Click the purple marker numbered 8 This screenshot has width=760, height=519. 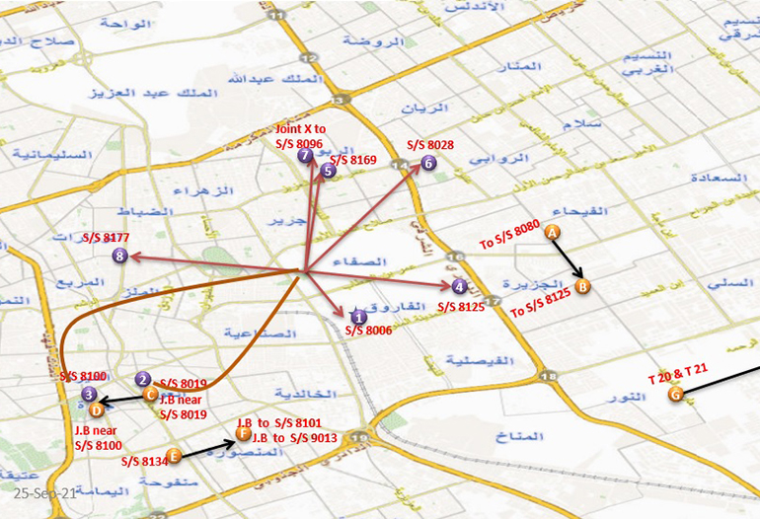pyautogui.click(x=120, y=257)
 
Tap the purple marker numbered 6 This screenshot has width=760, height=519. pyautogui.click(x=427, y=163)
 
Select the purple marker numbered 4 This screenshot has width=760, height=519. pyautogui.click(x=459, y=287)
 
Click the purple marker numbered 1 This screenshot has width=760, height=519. pyautogui.click(x=359, y=317)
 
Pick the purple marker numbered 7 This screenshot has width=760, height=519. pyautogui.click(x=304, y=156)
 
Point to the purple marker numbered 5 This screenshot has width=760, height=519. pyautogui.click(x=329, y=171)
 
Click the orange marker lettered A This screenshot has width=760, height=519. pyautogui.click(x=553, y=231)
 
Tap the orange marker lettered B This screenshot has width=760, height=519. pyautogui.click(x=582, y=287)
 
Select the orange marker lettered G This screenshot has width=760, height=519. pyautogui.click(x=675, y=395)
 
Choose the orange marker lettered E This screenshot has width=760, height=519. pyautogui.click(x=174, y=456)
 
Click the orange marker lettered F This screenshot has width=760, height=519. pyautogui.click(x=243, y=432)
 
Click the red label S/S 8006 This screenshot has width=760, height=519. pyautogui.click(x=369, y=331)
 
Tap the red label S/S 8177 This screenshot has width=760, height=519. pyautogui.click(x=106, y=238)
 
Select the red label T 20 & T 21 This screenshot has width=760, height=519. pyautogui.click(x=678, y=379)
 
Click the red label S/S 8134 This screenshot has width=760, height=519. pyautogui.click(x=142, y=460)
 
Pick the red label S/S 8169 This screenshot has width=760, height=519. pyautogui.click(x=353, y=159)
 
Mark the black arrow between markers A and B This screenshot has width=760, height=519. pyautogui.click(x=568, y=259)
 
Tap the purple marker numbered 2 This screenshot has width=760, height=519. pyautogui.click(x=143, y=379)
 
